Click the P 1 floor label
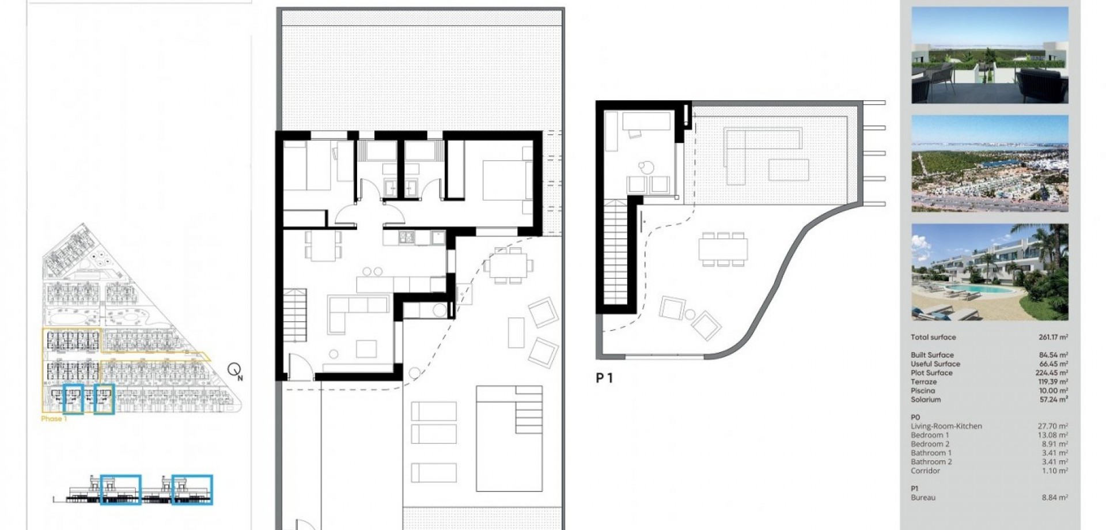pyautogui.click(x=604, y=378)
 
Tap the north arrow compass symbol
pyautogui.click(x=234, y=370)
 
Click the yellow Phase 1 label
pyautogui.click(x=54, y=419)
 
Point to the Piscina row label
pyautogui.click(x=923, y=391)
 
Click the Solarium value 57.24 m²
pyautogui.click(x=1054, y=399)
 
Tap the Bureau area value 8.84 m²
pyautogui.click(x=1055, y=498)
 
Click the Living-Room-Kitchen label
pyautogui.click(x=946, y=426)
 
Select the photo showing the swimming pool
pyautogui.click(x=990, y=272)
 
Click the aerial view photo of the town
pyautogui.click(x=990, y=164)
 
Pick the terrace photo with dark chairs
pyautogui.click(x=990, y=55)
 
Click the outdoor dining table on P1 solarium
pyautogui.click(x=723, y=249)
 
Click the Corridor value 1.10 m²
pyautogui.click(x=1056, y=471)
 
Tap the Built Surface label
pyautogui.click(x=932, y=355)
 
